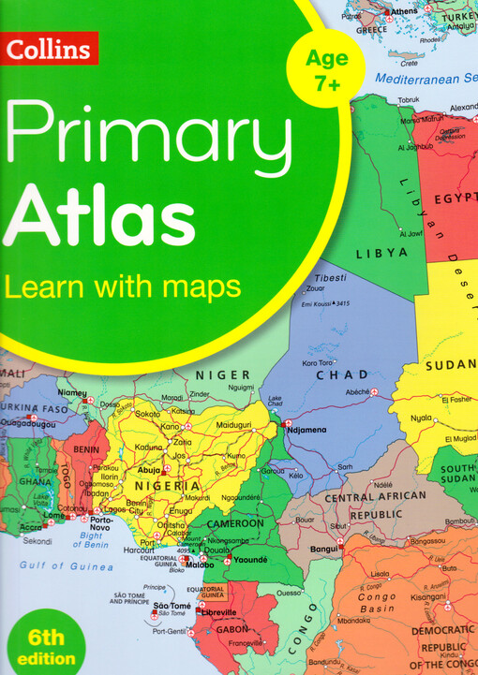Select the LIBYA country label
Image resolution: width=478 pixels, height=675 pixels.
point(381,253)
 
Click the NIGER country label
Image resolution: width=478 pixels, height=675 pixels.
point(222,375)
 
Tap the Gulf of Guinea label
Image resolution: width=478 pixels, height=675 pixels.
point(68,565)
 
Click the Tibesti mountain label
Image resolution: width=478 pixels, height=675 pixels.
point(330,278)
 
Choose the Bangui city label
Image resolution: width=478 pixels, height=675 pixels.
point(324,547)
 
